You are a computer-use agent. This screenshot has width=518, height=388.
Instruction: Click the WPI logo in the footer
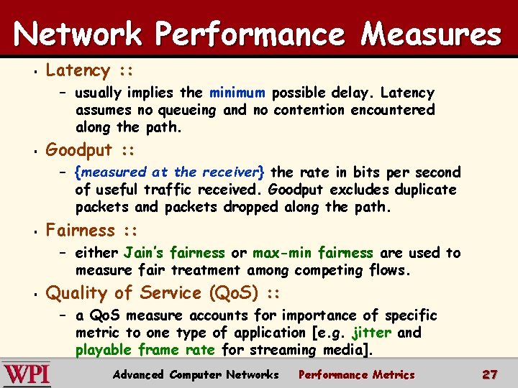(x=27, y=374)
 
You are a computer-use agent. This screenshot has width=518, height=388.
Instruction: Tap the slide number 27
(x=489, y=374)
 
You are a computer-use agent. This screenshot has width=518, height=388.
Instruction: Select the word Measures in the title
(x=430, y=34)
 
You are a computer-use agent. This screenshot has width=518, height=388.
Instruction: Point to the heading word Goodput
(x=79, y=150)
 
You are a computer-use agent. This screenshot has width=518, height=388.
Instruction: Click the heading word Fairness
(x=81, y=231)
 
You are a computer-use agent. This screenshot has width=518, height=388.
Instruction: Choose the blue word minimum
(x=237, y=93)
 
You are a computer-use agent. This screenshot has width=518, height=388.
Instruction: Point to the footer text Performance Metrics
(x=356, y=374)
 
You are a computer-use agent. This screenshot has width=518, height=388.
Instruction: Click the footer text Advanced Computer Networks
(x=196, y=374)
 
